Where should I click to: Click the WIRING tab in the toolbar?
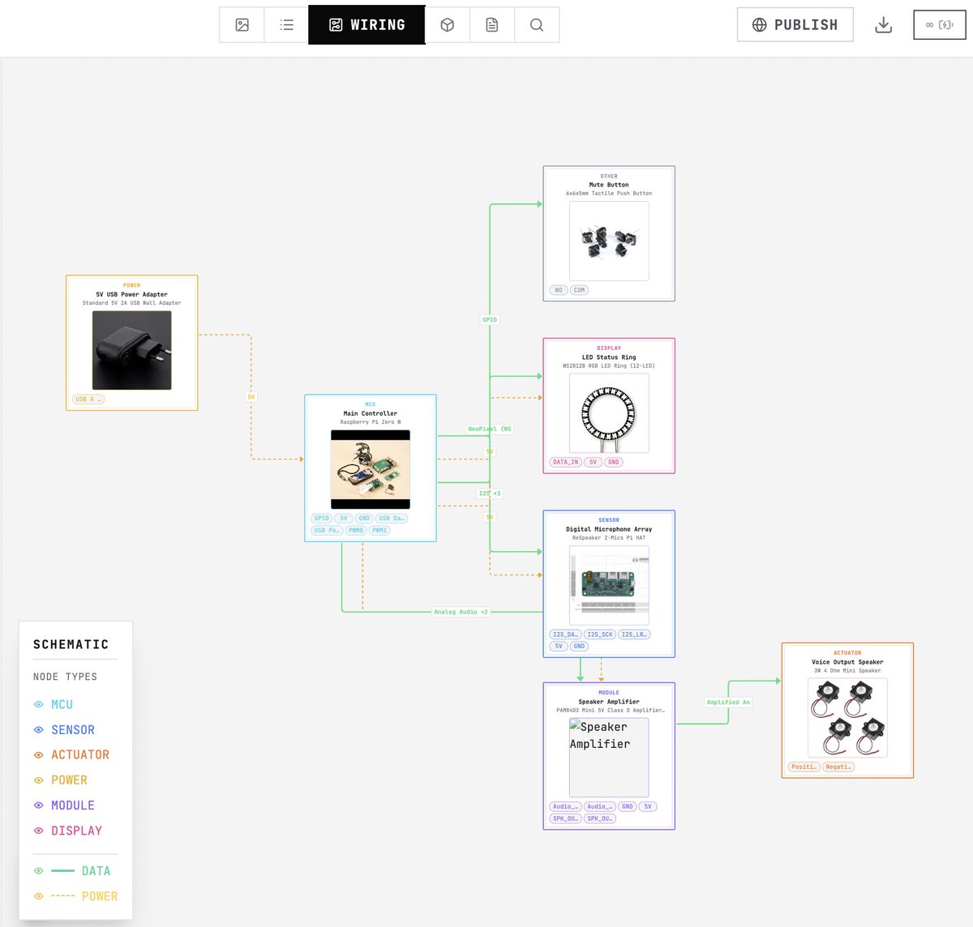click(x=366, y=25)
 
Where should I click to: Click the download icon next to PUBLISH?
click(x=883, y=25)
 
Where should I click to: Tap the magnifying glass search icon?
click(x=536, y=25)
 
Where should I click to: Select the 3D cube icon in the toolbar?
click(x=447, y=25)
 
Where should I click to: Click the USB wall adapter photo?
click(x=131, y=350)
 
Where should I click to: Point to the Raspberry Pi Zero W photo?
click(x=370, y=469)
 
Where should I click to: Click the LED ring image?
click(x=608, y=413)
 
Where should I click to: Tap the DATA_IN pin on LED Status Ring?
click(x=565, y=462)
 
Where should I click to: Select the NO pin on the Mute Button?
click(x=558, y=290)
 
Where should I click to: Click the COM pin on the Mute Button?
click(x=579, y=290)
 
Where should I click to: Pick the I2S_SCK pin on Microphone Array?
click(x=600, y=634)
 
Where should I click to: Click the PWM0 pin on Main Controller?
click(x=356, y=531)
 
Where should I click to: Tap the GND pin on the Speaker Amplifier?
click(x=627, y=806)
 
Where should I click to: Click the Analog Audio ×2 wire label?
click(x=461, y=612)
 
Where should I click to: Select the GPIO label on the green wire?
click(x=490, y=320)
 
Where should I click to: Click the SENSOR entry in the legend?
click(x=73, y=730)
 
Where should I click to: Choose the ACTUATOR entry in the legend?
click(x=80, y=755)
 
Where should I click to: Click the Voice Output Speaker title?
click(x=847, y=662)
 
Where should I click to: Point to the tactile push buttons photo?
click(x=608, y=241)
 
